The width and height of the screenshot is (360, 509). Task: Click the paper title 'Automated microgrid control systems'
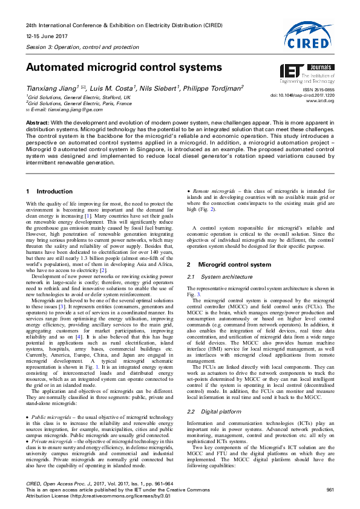pyautogui.click(x=124, y=67)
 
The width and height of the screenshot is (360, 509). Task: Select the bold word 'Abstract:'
pyautogui.click(x=37, y=123)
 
